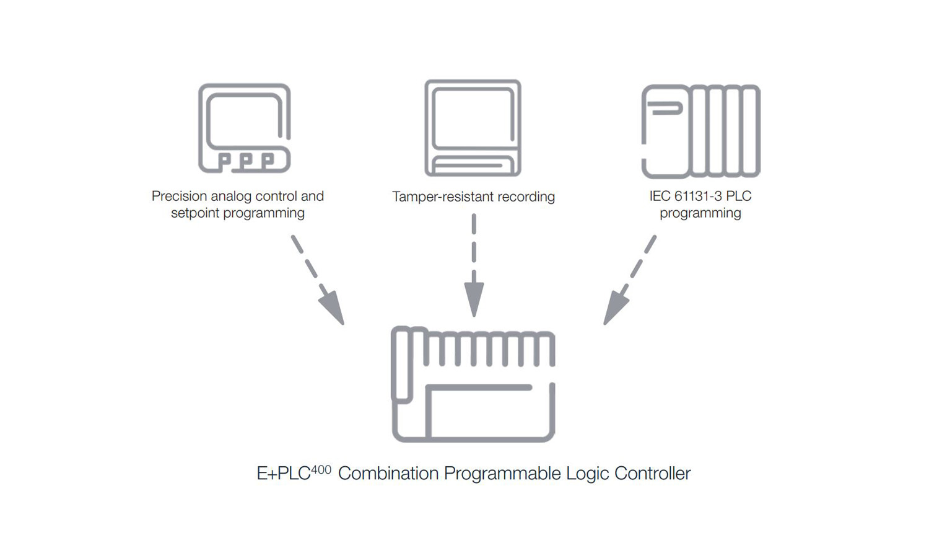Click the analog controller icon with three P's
pyautogui.click(x=245, y=128)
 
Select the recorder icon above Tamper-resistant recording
pyautogui.click(x=473, y=128)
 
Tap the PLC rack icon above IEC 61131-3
pyautogui.click(x=700, y=131)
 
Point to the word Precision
pyautogui.click(x=179, y=197)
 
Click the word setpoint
pyautogui.click(x=195, y=213)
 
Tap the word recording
pyautogui.click(x=526, y=197)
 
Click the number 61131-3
pyautogui.click(x=698, y=197)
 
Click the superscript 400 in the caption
pyautogui.click(x=321, y=469)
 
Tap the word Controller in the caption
pyautogui.click(x=652, y=474)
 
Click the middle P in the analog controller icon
pyautogui.click(x=246, y=161)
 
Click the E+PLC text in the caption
pyautogui.click(x=283, y=474)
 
